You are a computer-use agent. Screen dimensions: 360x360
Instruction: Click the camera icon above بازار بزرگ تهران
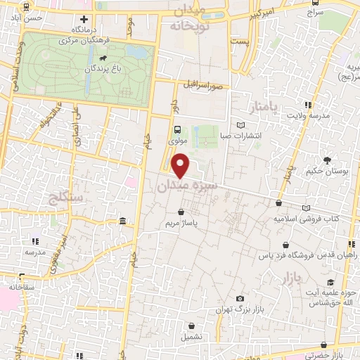point(240,299)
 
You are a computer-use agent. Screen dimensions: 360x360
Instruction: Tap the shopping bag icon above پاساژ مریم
point(182,211)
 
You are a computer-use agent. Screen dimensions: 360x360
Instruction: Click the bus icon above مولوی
point(177,129)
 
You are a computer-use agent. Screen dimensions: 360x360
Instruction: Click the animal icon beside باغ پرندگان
point(103,58)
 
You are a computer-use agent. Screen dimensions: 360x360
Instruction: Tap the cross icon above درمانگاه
point(84,19)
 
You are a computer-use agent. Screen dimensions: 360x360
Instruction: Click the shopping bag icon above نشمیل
point(192,326)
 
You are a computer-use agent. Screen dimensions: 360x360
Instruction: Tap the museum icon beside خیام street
point(123,223)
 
